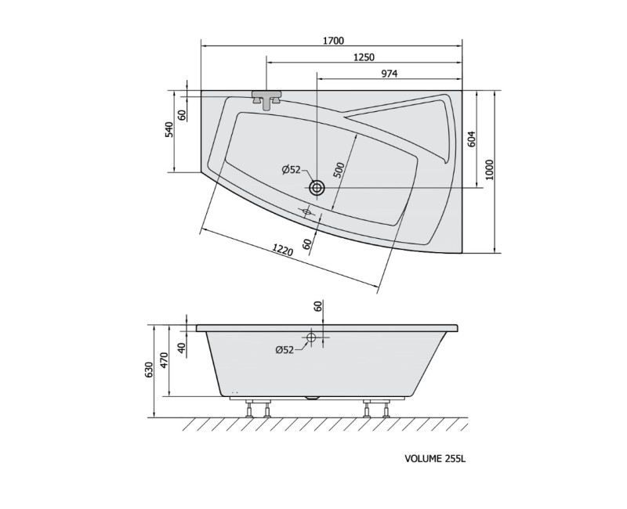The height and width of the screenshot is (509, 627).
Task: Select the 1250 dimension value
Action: pos(363,57)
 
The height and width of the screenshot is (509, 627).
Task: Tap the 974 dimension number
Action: pos(389,74)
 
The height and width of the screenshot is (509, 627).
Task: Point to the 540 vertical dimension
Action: pos(169,131)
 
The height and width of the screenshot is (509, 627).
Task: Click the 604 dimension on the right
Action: pos(472,139)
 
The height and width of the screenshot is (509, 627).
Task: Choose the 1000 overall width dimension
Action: pos(490,170)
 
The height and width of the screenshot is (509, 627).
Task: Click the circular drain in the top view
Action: pos(317,187)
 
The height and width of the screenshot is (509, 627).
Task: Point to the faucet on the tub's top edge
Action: pos(266,99)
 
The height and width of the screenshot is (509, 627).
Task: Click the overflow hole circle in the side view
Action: pos(311,338)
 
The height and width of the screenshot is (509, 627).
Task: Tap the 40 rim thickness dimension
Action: pos(182,347)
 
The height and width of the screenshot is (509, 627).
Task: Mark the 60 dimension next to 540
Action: pos(182,114)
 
